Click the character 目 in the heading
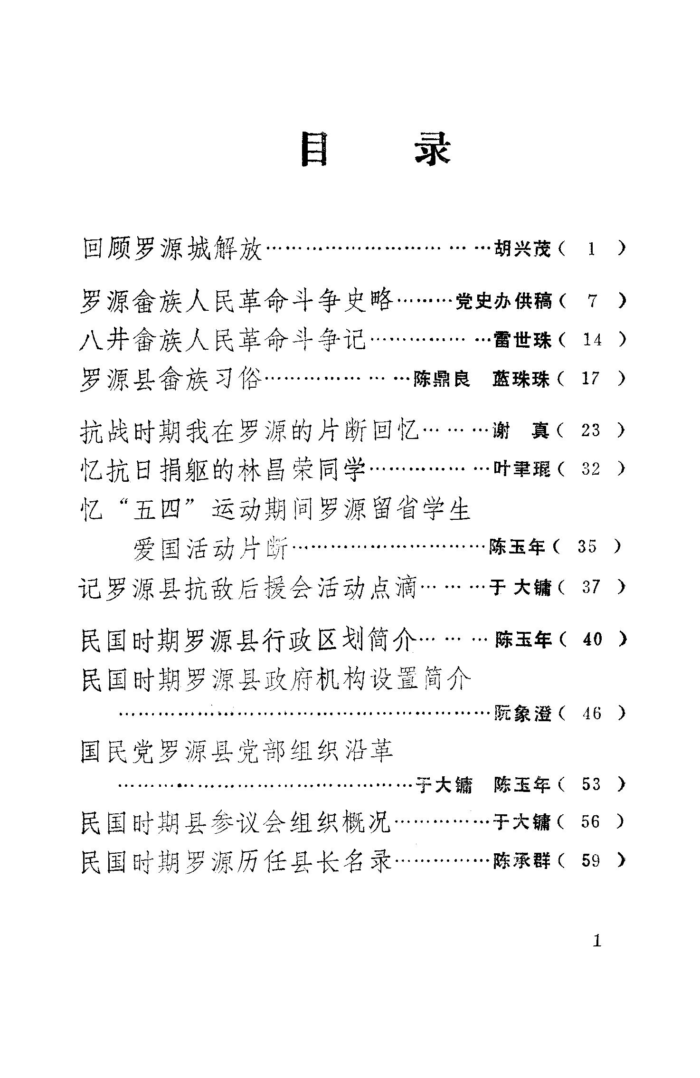click(314, 150)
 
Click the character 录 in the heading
click(432, 150)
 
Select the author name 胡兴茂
click(522, 248)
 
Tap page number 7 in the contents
click(592, 301)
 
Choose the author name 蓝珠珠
click(521, 379)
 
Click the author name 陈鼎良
click(441, 379)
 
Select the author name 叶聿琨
click(522, 469)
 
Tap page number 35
click(587, 547)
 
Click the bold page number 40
click(592, 639)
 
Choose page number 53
click(591, 784)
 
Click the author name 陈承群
click(522, 860)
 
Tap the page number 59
click(591, 860)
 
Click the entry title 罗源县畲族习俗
click(171, 379)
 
